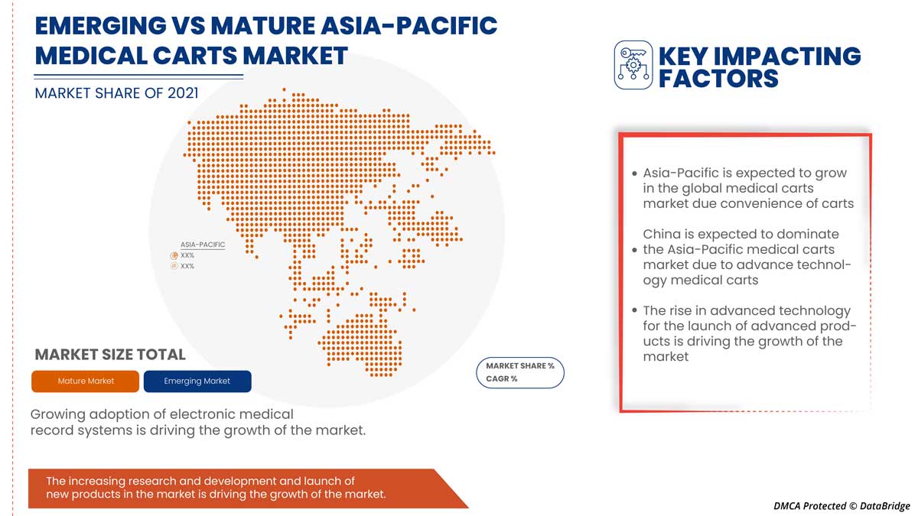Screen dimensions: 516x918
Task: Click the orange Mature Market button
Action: (x=86, y=381)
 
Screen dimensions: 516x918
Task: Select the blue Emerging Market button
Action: (x=197, y=381)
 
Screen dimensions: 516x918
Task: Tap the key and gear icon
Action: (x=633, y=65)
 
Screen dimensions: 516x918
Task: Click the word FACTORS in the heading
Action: (x=718, y=78)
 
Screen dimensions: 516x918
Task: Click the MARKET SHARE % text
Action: (x=520, y=366)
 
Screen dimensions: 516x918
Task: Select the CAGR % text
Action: (x=502, y=379)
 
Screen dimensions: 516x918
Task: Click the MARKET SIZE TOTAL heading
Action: (x=110, y=355)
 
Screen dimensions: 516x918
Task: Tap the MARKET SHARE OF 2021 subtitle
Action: (x=116, y=93)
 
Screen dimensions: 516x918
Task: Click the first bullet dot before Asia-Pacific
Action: (x=634, y=174)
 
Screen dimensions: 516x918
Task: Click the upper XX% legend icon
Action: (x=174, y=255)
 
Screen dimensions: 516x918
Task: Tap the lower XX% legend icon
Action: (x=174, y=266)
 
